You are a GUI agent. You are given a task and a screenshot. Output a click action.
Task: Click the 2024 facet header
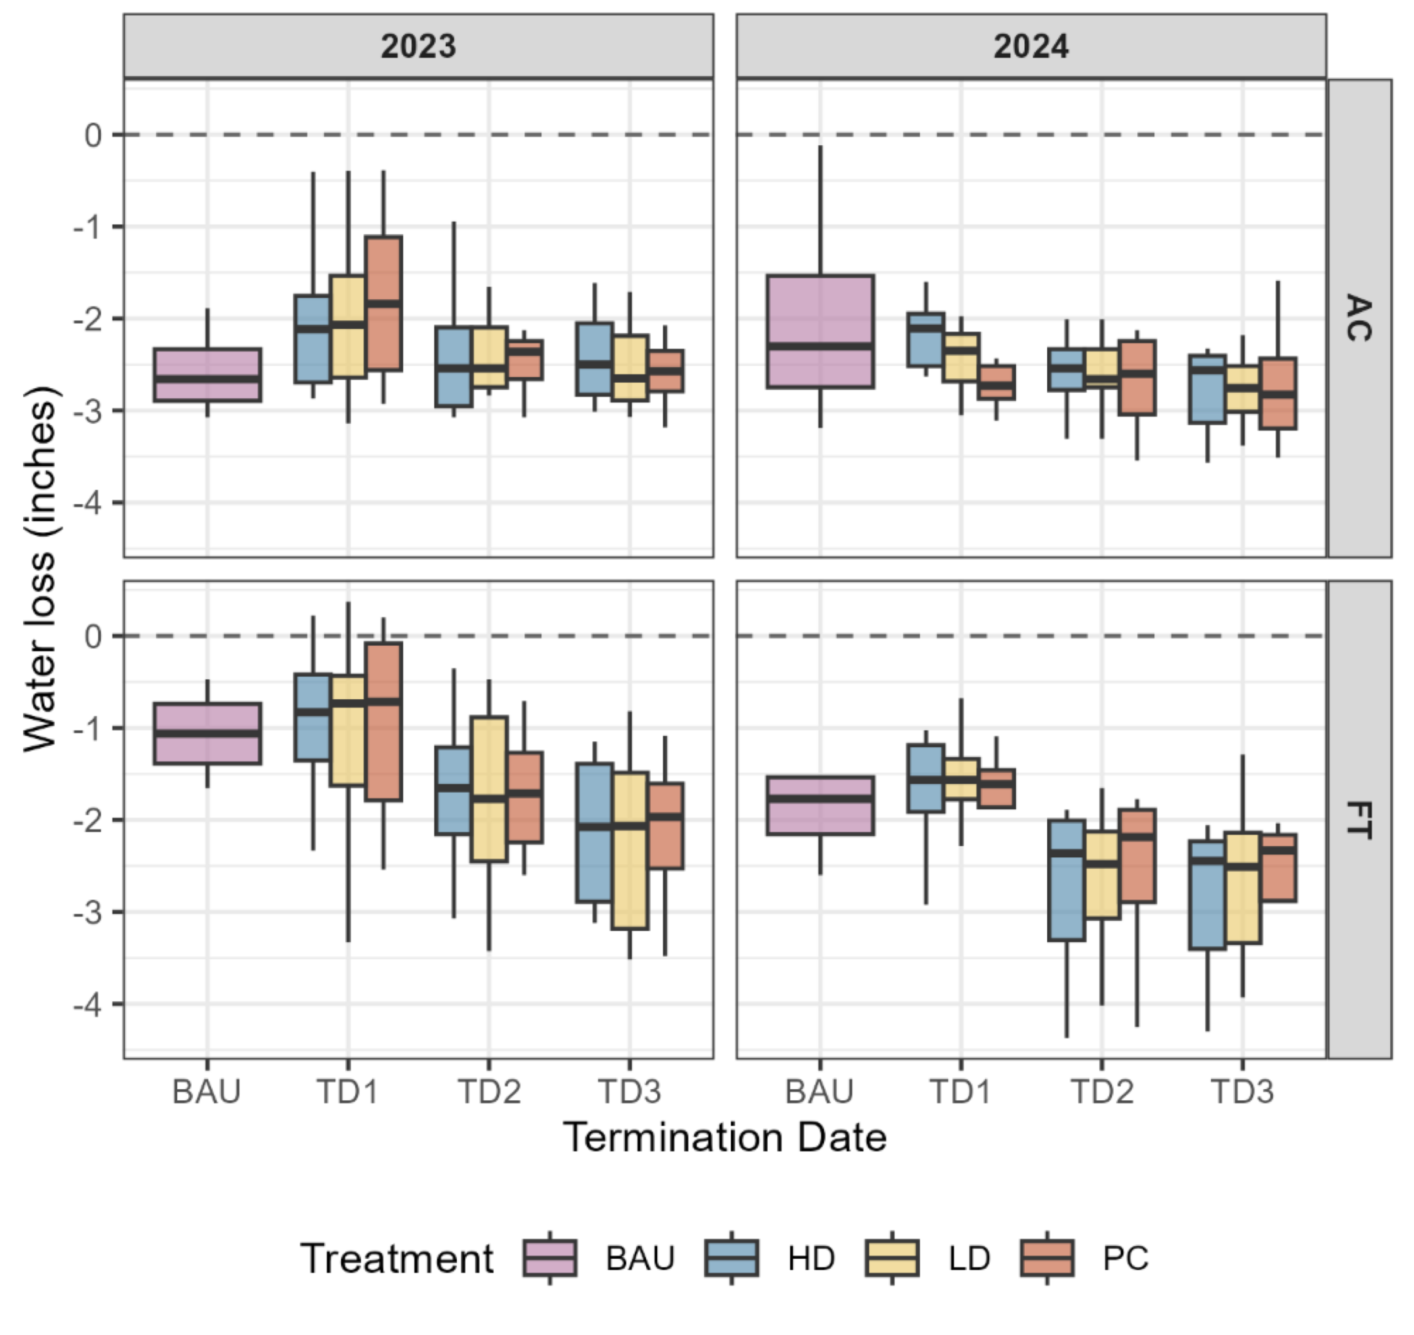point(1031,46)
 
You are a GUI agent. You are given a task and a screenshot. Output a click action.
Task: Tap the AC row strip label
point(1359,318)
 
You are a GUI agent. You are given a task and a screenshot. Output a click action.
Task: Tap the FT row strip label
point(1359,820)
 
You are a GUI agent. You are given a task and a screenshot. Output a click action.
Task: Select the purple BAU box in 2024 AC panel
point(820,331)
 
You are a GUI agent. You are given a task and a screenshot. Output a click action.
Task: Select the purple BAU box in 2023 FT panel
point(207,733)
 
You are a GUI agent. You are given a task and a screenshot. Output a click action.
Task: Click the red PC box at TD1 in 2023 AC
point(383,303)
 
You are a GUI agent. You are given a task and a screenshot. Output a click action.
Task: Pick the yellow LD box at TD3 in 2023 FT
point(630,851)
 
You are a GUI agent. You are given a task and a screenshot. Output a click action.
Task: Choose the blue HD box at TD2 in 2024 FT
point(1066,880)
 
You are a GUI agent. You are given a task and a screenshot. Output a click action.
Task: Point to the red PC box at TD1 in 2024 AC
point(995,383)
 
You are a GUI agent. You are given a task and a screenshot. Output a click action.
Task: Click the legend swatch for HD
point(731,1258)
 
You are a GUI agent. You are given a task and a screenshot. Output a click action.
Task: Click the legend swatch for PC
point(1046,1258)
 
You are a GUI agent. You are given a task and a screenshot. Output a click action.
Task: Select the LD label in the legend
point(968,1258)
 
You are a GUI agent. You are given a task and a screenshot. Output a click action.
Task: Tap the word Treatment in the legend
point(397,1258)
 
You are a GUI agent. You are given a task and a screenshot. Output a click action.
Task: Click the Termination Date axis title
point(725,1137)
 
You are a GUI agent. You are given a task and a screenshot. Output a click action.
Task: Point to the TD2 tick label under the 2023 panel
point(488,1091)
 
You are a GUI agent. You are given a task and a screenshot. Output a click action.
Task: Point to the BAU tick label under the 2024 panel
point(819,1091)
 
